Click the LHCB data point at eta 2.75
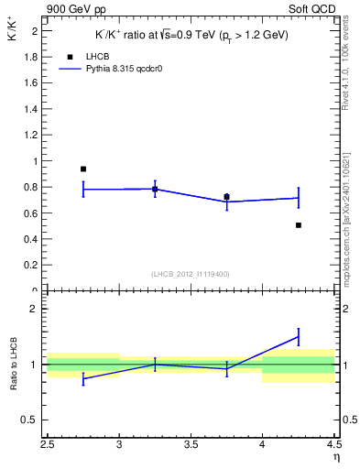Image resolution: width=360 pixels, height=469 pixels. (83, 169)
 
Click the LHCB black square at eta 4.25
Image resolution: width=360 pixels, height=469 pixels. (299, 224)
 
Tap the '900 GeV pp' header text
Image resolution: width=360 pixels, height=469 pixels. (78, 10)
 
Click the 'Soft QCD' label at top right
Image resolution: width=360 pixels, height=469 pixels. (312, 10)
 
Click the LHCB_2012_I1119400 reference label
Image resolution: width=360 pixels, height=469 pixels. (191, 274)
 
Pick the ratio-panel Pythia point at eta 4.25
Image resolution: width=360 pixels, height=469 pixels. (299, 337)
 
